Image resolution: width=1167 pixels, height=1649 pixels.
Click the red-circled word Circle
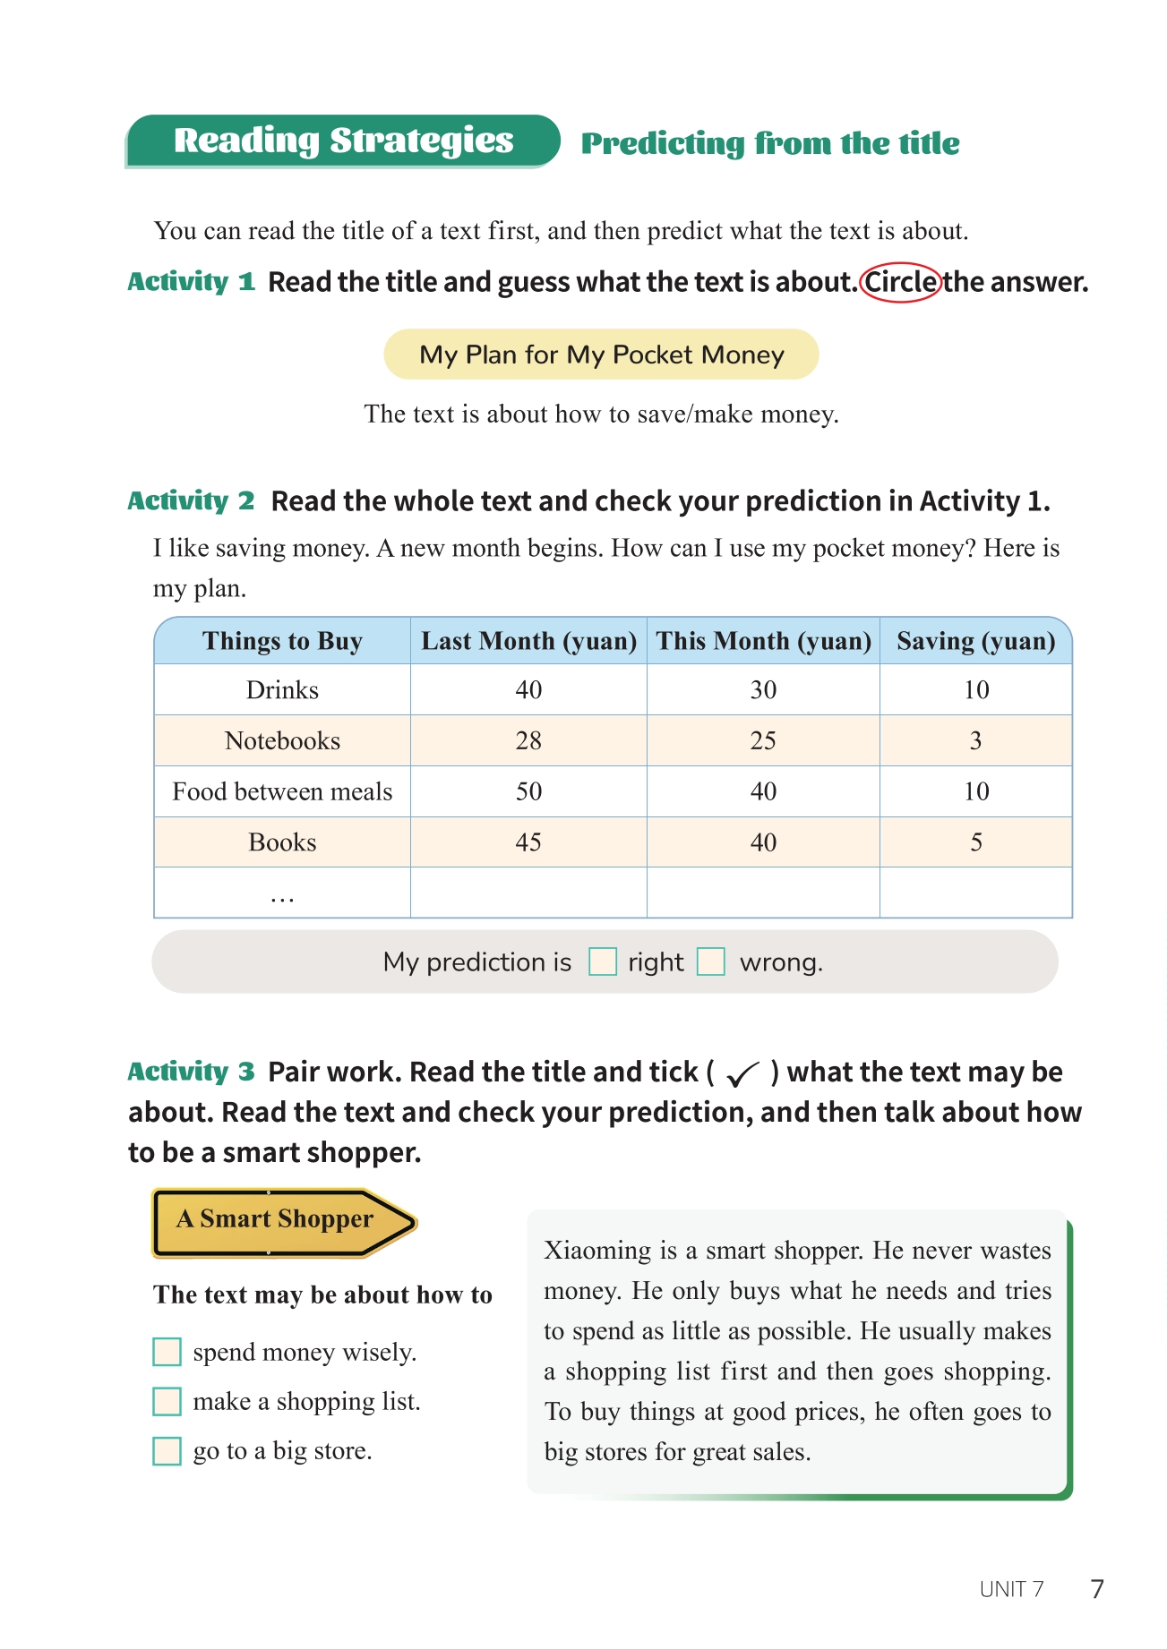[901, 283]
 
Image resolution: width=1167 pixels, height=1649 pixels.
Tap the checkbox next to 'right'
[603, 962]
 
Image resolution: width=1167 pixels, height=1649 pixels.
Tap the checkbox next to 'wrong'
[711, 962]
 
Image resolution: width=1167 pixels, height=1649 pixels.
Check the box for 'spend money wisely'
[167, 1352]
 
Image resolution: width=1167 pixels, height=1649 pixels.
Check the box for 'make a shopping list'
[167, 1401]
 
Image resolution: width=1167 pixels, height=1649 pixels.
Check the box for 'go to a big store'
[167, 1450]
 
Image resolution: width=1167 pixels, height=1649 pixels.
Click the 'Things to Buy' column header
[282, 641]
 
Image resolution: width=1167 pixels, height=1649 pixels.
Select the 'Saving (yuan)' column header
[975, 641]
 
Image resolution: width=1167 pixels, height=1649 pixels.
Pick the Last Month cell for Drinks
[528, 690]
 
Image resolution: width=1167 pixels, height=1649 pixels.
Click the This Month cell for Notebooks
[763, 741]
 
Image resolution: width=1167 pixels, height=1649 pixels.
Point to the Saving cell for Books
[976, 842]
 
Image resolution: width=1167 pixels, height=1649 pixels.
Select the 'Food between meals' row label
[282, 791]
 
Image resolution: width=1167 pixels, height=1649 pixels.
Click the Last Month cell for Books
[528, 842]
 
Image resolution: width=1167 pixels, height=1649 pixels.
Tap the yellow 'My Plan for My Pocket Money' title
[601, 355]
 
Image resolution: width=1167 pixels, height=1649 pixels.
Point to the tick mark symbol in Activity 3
[742, 1072]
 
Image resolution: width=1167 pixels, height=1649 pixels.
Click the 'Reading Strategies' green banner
[343, 141]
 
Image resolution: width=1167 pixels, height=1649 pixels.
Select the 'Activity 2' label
[191, 501]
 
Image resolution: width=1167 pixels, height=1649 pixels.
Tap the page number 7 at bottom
[1097, 1589]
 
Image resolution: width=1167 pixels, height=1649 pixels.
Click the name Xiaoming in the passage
[597, 1251]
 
